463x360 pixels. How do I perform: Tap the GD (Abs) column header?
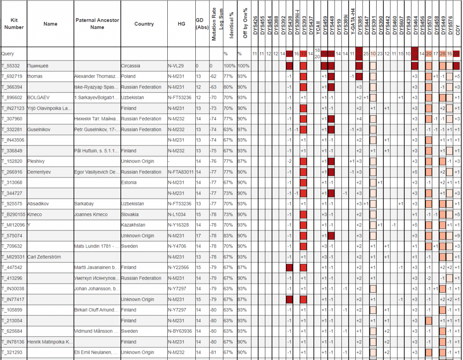(202, 24)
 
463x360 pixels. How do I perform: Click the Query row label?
(8, 54)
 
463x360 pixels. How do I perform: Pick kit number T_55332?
(12, 66)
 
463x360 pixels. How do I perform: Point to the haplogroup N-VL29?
(175, 66)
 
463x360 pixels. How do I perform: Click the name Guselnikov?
(40, 130)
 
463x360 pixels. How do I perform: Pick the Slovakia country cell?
(130, 215)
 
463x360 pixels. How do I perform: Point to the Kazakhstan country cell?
(133, 225)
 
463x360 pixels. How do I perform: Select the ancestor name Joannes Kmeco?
(91, 215)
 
